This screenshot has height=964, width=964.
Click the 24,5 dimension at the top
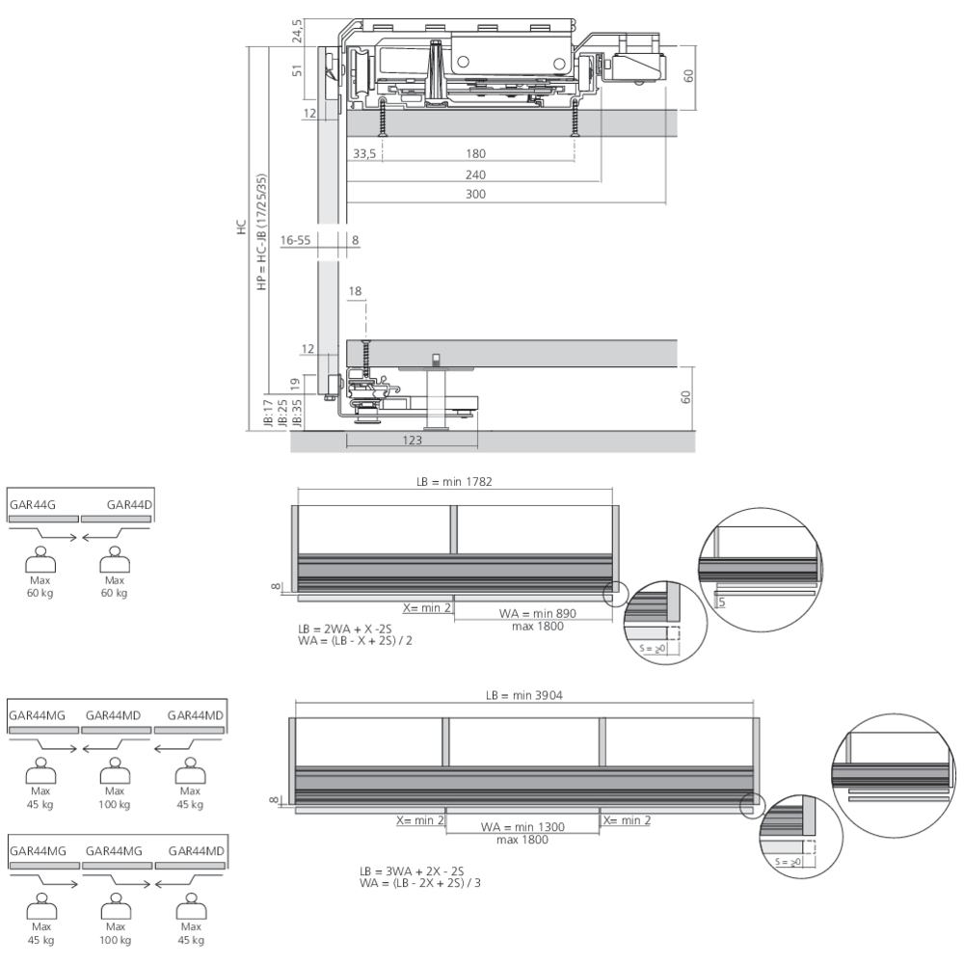298,31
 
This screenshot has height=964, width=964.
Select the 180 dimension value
475,154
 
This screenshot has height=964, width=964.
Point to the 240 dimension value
475,175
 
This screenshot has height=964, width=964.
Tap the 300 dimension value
475,195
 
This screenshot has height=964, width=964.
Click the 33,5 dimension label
364,154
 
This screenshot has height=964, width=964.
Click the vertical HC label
241,228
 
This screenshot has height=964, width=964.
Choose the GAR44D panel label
128,504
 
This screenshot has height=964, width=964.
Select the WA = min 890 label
538,613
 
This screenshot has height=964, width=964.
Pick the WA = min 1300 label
522,826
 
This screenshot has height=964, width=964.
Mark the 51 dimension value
298,70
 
